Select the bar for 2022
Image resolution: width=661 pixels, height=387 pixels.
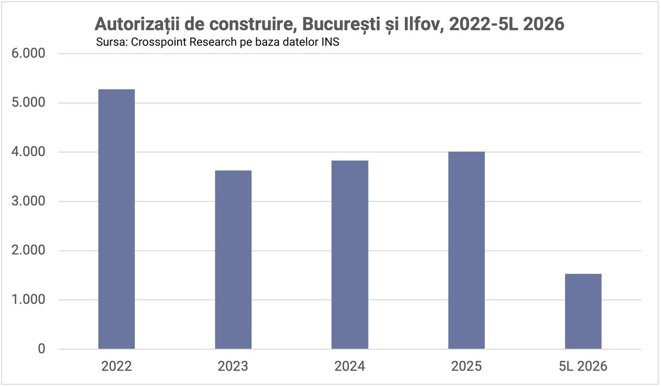117,219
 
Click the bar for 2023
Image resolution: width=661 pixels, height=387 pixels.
233,260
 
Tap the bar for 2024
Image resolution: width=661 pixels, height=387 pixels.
350,254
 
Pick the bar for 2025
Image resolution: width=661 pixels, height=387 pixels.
466,250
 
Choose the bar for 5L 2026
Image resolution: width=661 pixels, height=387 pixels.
583,311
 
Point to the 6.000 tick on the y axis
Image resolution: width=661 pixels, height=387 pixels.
28,53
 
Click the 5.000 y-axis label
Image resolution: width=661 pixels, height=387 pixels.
28,102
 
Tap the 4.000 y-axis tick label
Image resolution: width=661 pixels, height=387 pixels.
28,152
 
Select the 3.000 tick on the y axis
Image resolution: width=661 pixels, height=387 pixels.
28,201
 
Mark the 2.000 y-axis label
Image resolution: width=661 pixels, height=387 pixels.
28,250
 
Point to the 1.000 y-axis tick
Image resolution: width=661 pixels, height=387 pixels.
28,299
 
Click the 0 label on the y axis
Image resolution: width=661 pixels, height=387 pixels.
41,349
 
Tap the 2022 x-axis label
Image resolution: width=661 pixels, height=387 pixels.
117,366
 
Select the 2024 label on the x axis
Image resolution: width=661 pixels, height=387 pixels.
350,366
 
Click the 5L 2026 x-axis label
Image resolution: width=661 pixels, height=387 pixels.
583,366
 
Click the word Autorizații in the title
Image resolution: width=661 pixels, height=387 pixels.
137,24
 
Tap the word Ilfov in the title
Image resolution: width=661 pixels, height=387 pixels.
423,24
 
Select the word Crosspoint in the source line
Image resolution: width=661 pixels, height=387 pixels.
159,42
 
